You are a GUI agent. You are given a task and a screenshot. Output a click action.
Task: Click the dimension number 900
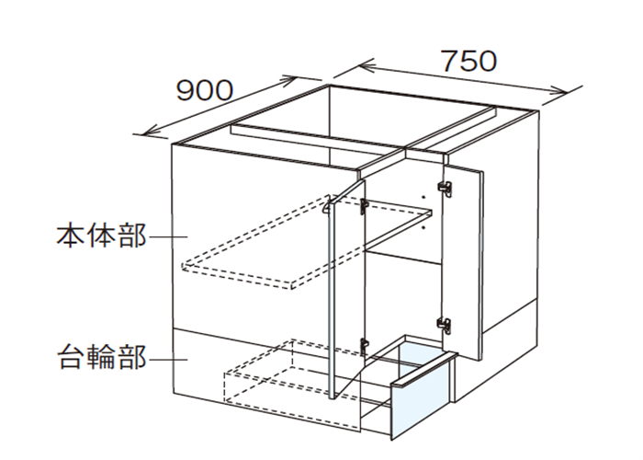pos(205,90)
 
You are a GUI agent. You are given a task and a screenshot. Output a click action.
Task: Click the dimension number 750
pos(468,62)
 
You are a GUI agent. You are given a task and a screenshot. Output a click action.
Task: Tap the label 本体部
pos(101,236)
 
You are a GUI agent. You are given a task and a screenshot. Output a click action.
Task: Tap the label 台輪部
pos(102,357)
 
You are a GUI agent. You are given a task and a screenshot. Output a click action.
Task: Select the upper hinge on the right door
pos(446,189)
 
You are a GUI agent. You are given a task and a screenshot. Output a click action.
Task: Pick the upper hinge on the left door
pos(364,207)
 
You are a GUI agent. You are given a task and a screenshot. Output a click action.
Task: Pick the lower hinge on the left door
pos(364,347)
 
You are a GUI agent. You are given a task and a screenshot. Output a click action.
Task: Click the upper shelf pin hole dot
pos(424,197)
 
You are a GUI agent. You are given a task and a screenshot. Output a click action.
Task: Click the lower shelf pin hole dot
pos(424,226)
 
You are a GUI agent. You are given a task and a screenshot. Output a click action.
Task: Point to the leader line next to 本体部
pos(168,236)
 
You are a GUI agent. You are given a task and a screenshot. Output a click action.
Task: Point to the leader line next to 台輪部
pos(168,360)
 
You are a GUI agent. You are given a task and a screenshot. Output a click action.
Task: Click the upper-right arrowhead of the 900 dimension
pos(288,80)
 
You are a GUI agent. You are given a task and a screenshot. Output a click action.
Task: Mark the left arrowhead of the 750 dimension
pos(365,65)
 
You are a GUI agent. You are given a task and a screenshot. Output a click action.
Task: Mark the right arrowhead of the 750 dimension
pos(560,92)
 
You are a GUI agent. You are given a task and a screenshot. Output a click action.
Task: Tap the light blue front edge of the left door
pos(332,299)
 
